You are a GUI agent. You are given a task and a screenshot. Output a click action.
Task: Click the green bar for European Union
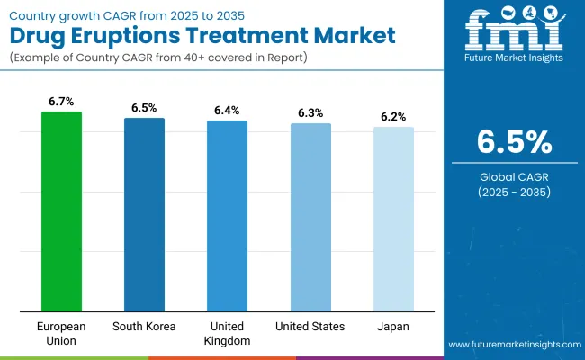(61, 211)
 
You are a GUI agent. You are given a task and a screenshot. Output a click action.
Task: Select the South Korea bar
(144, 214)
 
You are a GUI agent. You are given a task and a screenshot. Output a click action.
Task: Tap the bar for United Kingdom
(227, 216)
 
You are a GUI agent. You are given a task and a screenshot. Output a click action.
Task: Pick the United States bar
(310, 217)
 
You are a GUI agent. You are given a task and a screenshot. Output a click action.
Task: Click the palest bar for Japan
(393, 219)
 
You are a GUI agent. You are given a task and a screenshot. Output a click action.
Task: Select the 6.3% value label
(310, 114)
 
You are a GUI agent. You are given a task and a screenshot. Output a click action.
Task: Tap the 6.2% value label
(393, 117)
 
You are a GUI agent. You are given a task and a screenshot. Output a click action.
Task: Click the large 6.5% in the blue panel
(513, 143)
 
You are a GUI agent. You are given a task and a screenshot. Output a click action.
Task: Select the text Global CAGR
(513, 177)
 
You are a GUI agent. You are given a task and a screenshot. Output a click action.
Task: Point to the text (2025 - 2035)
(513, 192)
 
